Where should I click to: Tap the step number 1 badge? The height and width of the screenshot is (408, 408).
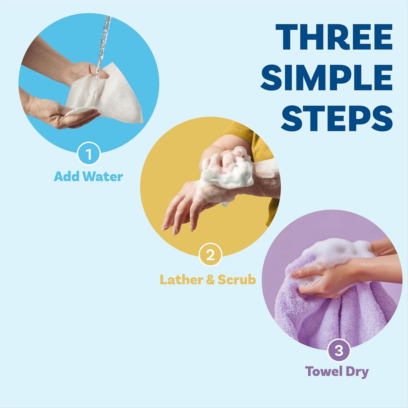point(89,155)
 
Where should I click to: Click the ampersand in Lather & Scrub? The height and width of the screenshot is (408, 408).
point(210,280)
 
